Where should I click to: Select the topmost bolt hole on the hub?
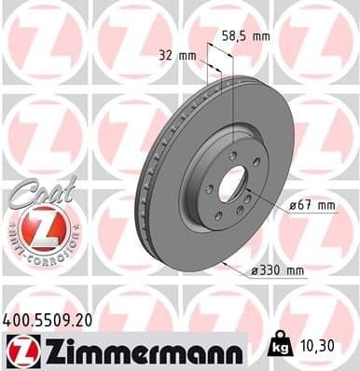point(228,140)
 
